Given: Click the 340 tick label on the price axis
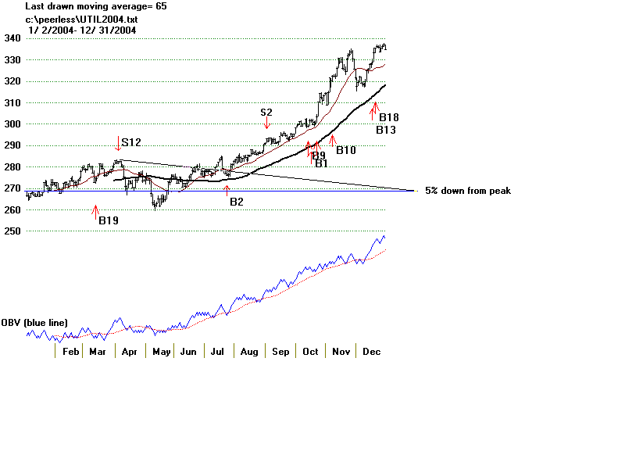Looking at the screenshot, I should coord(13,38).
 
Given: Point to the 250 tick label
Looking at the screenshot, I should coord(13,231).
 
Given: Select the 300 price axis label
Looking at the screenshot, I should coord(13,124).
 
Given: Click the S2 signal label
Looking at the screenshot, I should coord(266,113).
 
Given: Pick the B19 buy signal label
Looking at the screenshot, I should coord(108,221).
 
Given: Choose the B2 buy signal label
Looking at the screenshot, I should coord(236,202).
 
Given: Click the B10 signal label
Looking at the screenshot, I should coord(346,150).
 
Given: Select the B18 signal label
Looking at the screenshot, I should coord(389,117).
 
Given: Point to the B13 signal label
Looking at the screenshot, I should coord(386,130).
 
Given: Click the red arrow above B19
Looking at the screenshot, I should coord(96,209).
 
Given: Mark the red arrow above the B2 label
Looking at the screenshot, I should coord(227,188).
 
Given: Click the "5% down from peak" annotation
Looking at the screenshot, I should coord(468,191).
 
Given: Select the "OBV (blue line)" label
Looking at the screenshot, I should coord(34,323).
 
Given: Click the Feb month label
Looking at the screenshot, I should coord(71,353).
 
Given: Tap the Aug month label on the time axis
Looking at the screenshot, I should coord(249,353).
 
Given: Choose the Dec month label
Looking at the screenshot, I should coord(371,353).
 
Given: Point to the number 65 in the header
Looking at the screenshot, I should coord(161,6).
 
